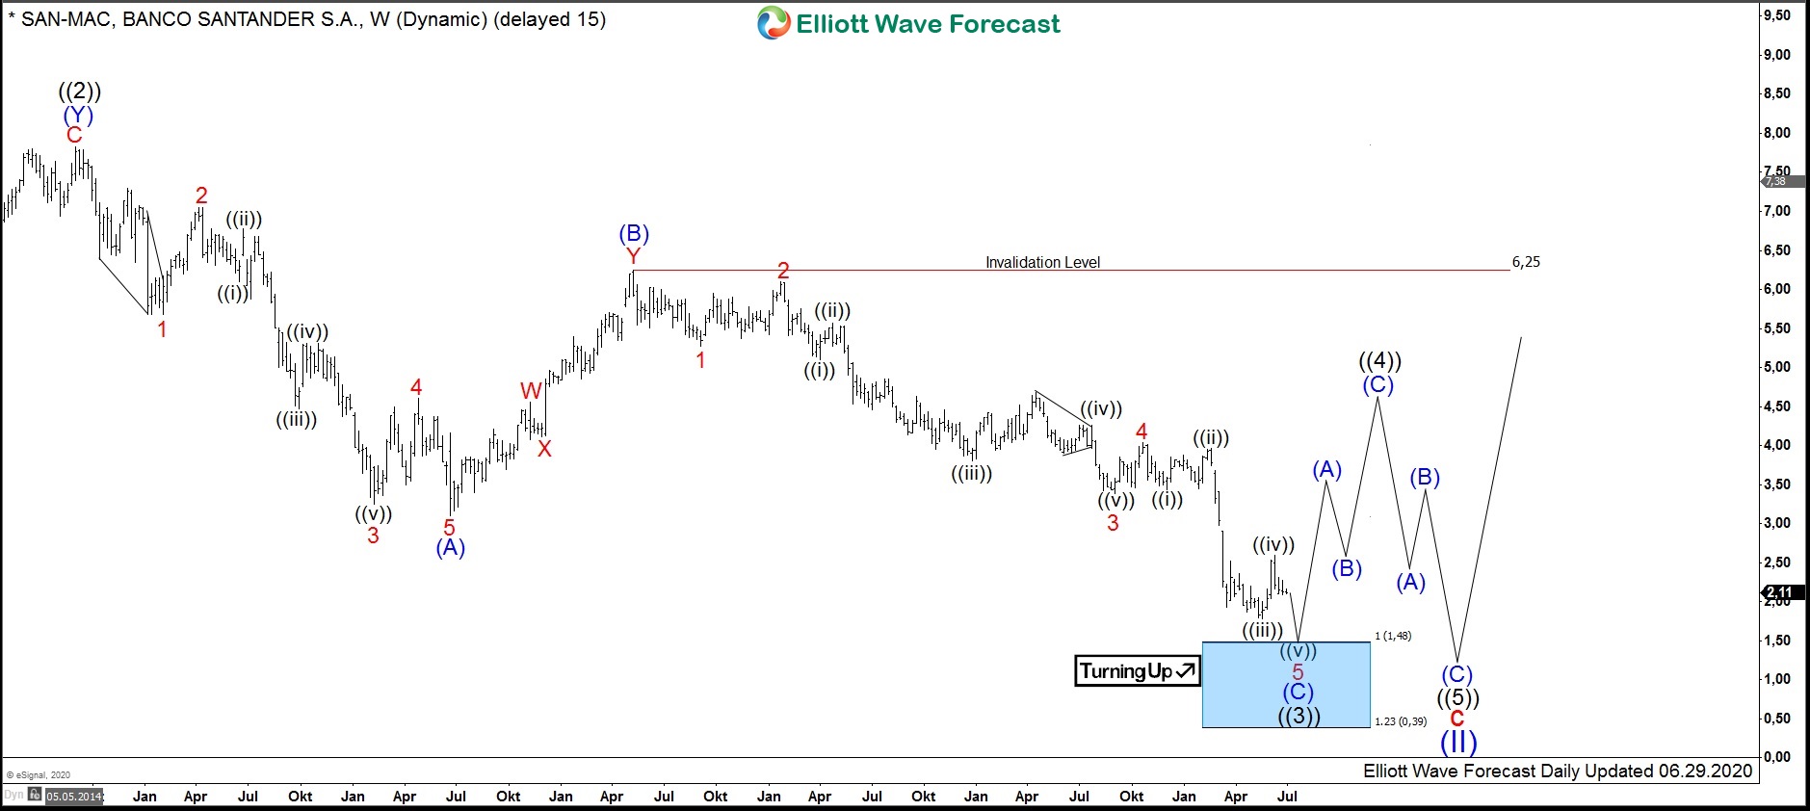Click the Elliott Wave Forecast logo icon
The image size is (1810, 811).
tap(773, 23)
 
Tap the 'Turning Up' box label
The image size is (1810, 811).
tap(1137, 671)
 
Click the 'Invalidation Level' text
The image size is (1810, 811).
tap(1042, 262)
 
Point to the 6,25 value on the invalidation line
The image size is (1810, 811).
tap(1526, 262)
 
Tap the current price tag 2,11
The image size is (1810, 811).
tap(1779, 592)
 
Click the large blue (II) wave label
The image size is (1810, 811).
tap(1458, 742)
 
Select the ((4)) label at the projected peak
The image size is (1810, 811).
tap(1379, 361)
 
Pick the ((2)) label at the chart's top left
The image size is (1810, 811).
tap(79, 92)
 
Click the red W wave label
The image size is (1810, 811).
tap(531, 391)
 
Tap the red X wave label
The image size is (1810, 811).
tap(544, 449)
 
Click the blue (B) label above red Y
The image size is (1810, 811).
tap(634, 233)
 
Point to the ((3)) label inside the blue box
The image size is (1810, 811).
tap(1298, 716)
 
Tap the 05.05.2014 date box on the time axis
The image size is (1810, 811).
tap(74, 797)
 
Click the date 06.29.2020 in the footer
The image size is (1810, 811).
tap(1705, 771)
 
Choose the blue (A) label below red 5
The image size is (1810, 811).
tap(450, 548)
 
